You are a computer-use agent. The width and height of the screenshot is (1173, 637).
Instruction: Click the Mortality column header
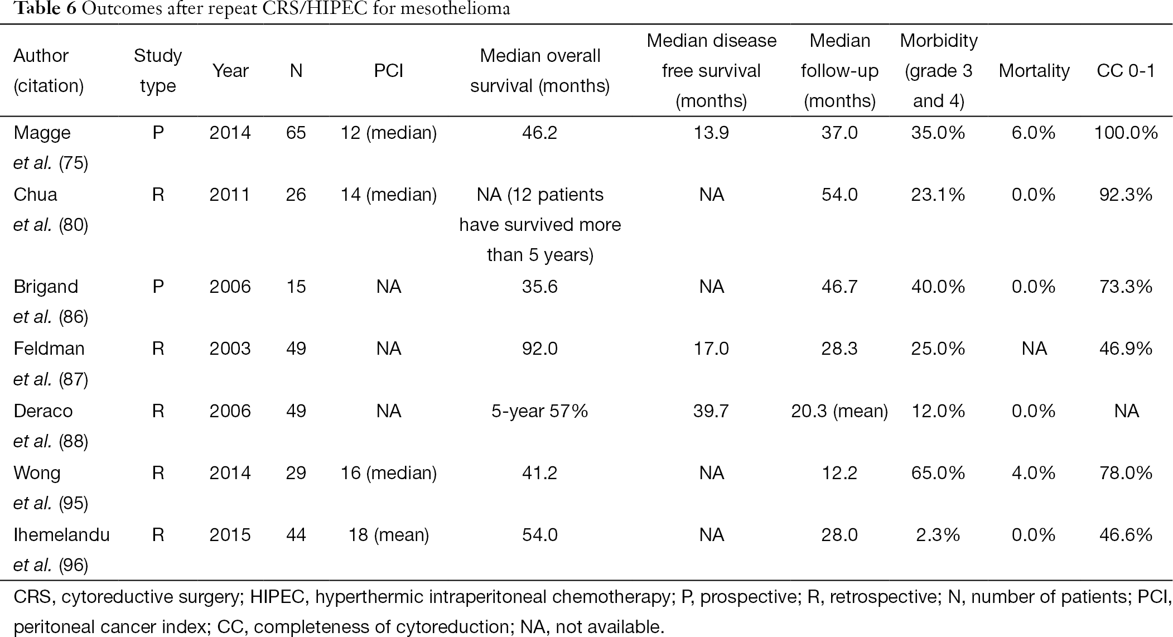[1034, 71]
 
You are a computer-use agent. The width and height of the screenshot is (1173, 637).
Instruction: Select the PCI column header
[389, 71]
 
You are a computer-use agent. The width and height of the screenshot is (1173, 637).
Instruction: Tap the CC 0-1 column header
[1126, 71]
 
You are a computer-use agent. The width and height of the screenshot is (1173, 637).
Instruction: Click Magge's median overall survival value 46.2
[540, 133]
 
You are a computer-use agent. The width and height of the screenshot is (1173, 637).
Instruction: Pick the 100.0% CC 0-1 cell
[1126, 133]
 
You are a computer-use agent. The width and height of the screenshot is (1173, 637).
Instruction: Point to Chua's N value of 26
[296, 195]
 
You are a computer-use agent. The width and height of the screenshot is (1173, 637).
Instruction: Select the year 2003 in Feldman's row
[230, 349]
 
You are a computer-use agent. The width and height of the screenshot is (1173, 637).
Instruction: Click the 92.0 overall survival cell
[540, 349]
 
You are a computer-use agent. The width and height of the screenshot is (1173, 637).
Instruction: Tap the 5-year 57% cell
[540, 411]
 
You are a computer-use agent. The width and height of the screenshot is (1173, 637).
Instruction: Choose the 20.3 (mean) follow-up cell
[839, 411]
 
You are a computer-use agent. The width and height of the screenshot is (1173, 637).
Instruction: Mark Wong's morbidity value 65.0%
[938, 473]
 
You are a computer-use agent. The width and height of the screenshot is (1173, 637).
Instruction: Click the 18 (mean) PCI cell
[389, 535]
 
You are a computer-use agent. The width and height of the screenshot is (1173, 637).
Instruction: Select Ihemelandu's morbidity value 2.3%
[938, 535]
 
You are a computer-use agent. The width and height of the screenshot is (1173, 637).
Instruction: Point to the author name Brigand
[46, 287]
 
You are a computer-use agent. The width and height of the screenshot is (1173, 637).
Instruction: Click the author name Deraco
[43, 411]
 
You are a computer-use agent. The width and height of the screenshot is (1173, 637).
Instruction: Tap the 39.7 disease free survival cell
[711, 411]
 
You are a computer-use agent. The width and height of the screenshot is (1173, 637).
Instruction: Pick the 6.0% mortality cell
[1034, 133]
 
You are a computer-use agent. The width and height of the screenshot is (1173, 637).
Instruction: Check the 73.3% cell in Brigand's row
[1126, 287]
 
